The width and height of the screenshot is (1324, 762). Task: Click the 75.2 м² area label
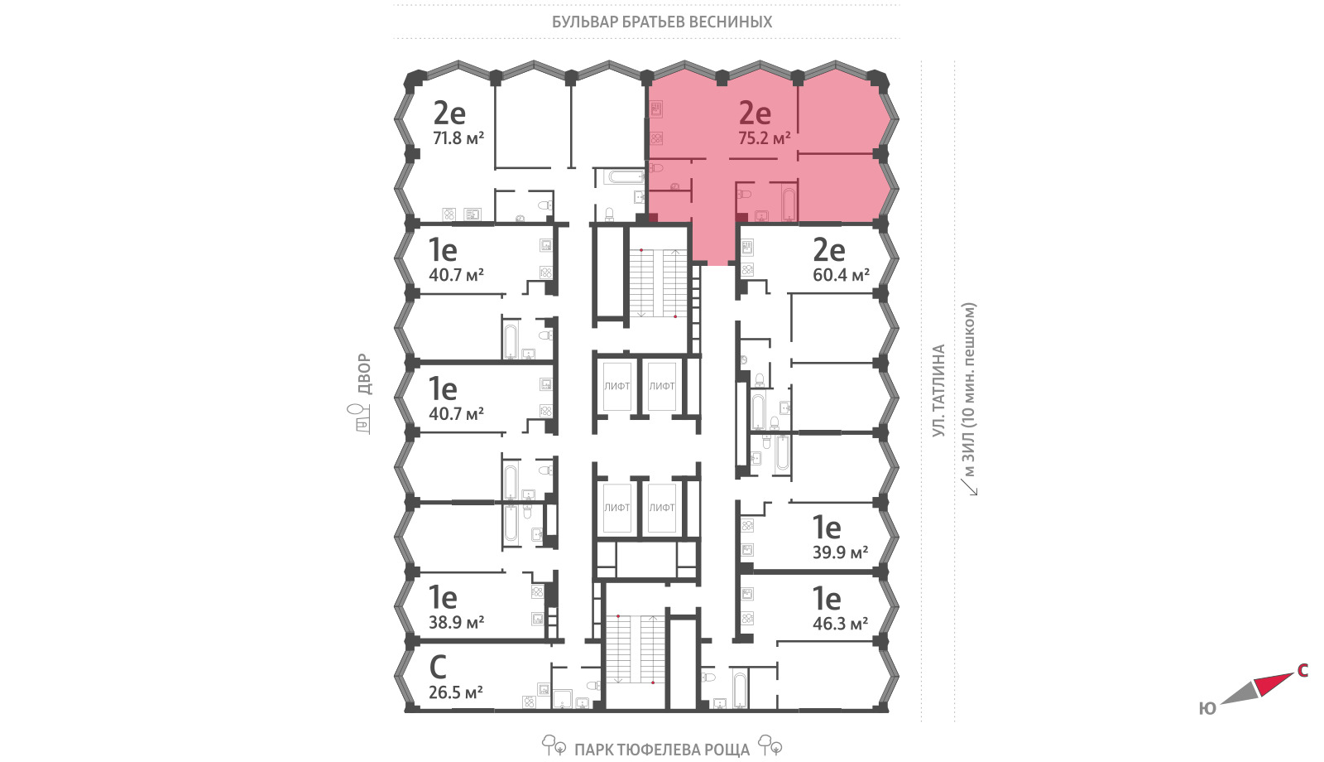point(765,138)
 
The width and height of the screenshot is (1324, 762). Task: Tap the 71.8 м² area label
point(458,138)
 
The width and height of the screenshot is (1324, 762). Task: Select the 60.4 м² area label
point(841,274)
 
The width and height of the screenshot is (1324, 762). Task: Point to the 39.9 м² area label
point(840,552)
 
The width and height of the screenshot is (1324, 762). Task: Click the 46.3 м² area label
point(840,624)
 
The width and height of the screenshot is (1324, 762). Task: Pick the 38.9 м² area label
point(456,622)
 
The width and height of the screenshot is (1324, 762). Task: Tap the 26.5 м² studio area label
point(456,692)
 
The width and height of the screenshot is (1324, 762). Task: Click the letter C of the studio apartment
point(438,668)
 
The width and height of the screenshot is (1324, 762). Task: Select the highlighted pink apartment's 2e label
point(755,113)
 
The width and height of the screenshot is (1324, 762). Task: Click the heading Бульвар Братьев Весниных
point(662,22)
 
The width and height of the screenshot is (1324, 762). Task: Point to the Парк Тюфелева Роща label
point(662,750)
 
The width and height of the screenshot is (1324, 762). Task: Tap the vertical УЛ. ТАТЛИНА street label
point(938,391)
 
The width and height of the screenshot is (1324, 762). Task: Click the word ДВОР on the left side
point(365,374)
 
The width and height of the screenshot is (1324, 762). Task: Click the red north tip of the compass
point(1291,674)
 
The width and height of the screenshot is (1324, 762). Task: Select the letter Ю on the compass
point(1207,709)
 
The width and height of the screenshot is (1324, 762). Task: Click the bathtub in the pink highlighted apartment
point(789,204)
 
